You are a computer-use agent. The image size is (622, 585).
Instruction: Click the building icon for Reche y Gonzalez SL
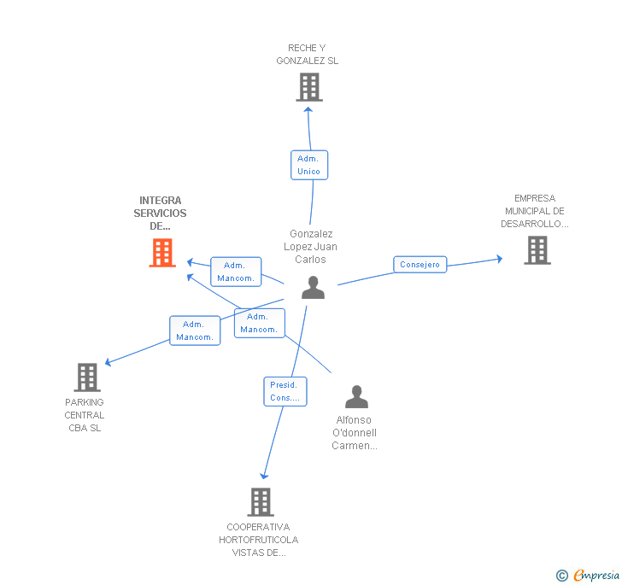308,86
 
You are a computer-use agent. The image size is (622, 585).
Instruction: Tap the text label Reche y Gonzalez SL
308,55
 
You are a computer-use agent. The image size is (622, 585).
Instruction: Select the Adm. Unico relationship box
308,165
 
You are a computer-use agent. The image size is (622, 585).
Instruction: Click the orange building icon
162,253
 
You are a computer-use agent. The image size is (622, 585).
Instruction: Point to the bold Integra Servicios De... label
160,214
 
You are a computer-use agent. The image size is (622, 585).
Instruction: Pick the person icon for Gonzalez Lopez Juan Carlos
314,288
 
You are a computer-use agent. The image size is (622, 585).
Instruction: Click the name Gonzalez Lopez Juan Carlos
311,247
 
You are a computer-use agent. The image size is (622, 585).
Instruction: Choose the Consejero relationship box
420,265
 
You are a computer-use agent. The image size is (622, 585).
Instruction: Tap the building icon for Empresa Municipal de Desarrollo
537,250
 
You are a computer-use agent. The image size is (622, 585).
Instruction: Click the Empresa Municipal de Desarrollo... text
535,211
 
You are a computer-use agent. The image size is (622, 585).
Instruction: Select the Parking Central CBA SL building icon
87,377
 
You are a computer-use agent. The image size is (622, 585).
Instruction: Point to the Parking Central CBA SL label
85,415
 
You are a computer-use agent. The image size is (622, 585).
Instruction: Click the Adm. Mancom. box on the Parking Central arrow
195,331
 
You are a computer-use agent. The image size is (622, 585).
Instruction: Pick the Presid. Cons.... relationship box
285,391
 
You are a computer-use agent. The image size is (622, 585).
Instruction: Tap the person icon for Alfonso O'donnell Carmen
356,397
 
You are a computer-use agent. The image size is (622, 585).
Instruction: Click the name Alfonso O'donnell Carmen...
355,433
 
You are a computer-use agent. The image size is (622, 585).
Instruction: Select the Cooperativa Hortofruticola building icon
261,502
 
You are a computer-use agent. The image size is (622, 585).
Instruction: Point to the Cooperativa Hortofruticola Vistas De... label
258,540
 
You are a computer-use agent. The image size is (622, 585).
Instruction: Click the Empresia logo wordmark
596,575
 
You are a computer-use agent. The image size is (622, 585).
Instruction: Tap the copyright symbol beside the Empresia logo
562,576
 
